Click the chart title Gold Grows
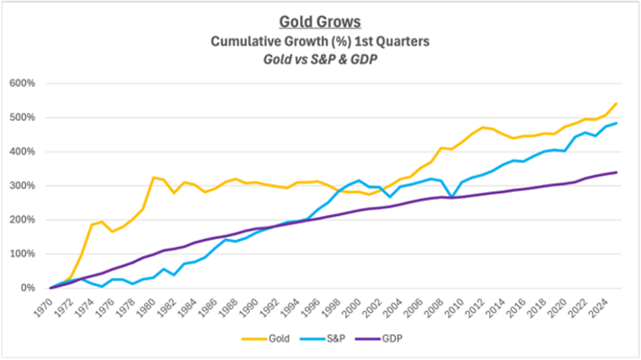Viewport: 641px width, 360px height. pyautogui.click(x=320, y=22)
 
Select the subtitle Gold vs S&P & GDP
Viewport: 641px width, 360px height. pyautogui.click(x=320, y=60)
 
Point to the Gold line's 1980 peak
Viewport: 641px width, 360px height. pyautogui.click(x=153, y=177)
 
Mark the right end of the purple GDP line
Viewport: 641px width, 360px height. pyautogui.click(x=617, y=172)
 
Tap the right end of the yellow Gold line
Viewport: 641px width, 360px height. pyautogui.click(x=617, y=103)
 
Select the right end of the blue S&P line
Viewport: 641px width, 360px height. pyautogui.click(x=617, y=123)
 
